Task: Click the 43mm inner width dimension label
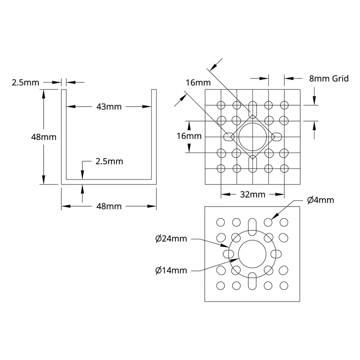point(109,107)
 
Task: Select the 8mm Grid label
point(329,78)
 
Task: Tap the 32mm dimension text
point(252,195)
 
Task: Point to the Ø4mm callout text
point(320,200)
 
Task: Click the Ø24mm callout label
point(171,239)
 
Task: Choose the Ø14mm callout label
point(171,270)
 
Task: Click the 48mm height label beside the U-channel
point(44,137)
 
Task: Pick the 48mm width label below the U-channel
point(109,207)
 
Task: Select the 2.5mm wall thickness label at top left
point(26,83)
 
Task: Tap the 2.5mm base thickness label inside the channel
point(109,162)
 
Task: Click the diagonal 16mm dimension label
point(198,83)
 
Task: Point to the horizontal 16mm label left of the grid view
point(189,136)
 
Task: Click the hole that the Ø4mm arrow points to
point(268,222)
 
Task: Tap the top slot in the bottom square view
point(252,227)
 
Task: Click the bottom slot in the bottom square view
point(252,281)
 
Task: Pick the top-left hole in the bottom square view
point(220,222)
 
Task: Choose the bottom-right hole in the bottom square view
point(284,286)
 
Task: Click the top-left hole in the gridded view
point(221,105)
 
